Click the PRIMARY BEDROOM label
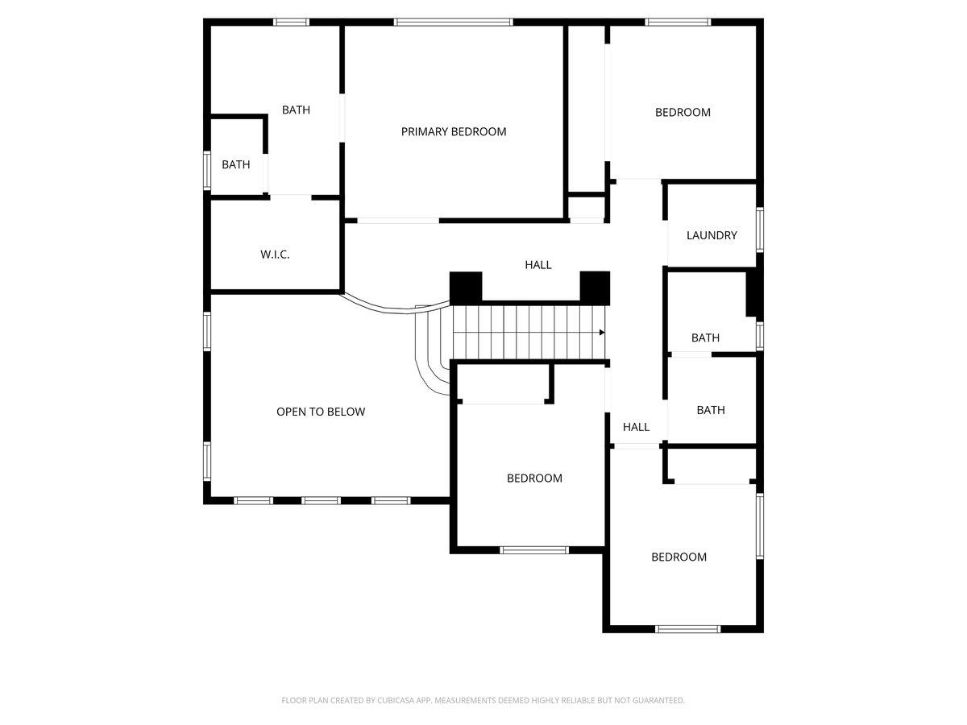(x=454, y=131)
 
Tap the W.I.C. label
(x=275, y=255)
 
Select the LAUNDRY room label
(x=712, y=235)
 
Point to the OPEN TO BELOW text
(x=321, y=412)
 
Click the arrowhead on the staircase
(x=602, y=333)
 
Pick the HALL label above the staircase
(x=538, y=265)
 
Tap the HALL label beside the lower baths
(x=636, y=427)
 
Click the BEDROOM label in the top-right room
(x=683, y=113)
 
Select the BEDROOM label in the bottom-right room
(x=679, y=557)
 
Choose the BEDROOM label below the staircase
(x=534, y=478)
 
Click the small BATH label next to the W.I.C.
(x=235, y=164)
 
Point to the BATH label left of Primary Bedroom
(x=296, y=110)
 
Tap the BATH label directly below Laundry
(x=705, y=338)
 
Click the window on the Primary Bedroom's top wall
(x=454, y=22)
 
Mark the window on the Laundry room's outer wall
(x=760, y=230)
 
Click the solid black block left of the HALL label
(x=466, y=288)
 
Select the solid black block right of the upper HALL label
(x=595, y=288)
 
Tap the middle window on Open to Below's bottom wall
(x=322, y=500)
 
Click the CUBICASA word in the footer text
(x=396, y=700)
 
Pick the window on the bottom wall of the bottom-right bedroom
(x=687, y=629)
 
